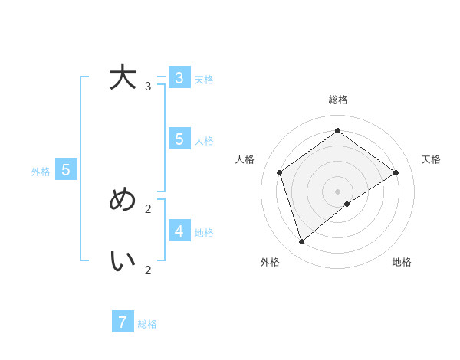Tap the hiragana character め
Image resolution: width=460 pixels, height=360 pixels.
pyautogui.click(x=123, y=200)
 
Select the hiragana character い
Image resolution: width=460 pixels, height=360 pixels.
pyautogui.click(x=123, y=261)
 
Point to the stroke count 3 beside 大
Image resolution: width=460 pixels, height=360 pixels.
pyautogui.click(x=148, y=87)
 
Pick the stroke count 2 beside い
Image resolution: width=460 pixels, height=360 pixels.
pyautogui.click(x=148, y=270)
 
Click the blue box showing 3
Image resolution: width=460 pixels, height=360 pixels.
pyautogui.click(x=179, y=78)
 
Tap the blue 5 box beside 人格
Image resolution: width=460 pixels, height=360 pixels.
pyautogui.click(x=179, y=139)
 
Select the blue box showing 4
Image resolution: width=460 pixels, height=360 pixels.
pyautogui.click(x=179, y=231)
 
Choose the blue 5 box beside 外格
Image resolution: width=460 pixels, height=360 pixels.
pyautogui.click(x=66, y=170)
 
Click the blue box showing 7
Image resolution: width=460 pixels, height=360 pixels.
pyautogui.click(x=123, y=322)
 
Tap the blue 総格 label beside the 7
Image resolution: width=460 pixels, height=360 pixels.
pyautogui.click(x=147, y=324)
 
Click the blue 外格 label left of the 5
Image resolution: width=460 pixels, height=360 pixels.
pyautogui.click(x=41, y=172)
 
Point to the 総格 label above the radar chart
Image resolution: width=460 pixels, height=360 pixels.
pyautogui.click(x=337, y=100)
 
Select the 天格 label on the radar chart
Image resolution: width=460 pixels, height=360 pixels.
pyautogui.click(x=431, y=159)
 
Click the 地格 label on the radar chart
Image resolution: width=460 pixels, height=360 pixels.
pyautogui.click(x=402, y=262)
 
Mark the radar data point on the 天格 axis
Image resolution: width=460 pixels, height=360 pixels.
pyautogui.click(x=396, y=172)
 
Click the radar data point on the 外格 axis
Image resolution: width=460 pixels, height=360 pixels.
pyautogui.click(x=302, y=242)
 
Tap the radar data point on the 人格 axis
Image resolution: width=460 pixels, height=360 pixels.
pyautogui.click(x=280, y=172)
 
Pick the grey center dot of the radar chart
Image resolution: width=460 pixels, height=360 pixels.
pyautogui.click(x=337, y=191)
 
